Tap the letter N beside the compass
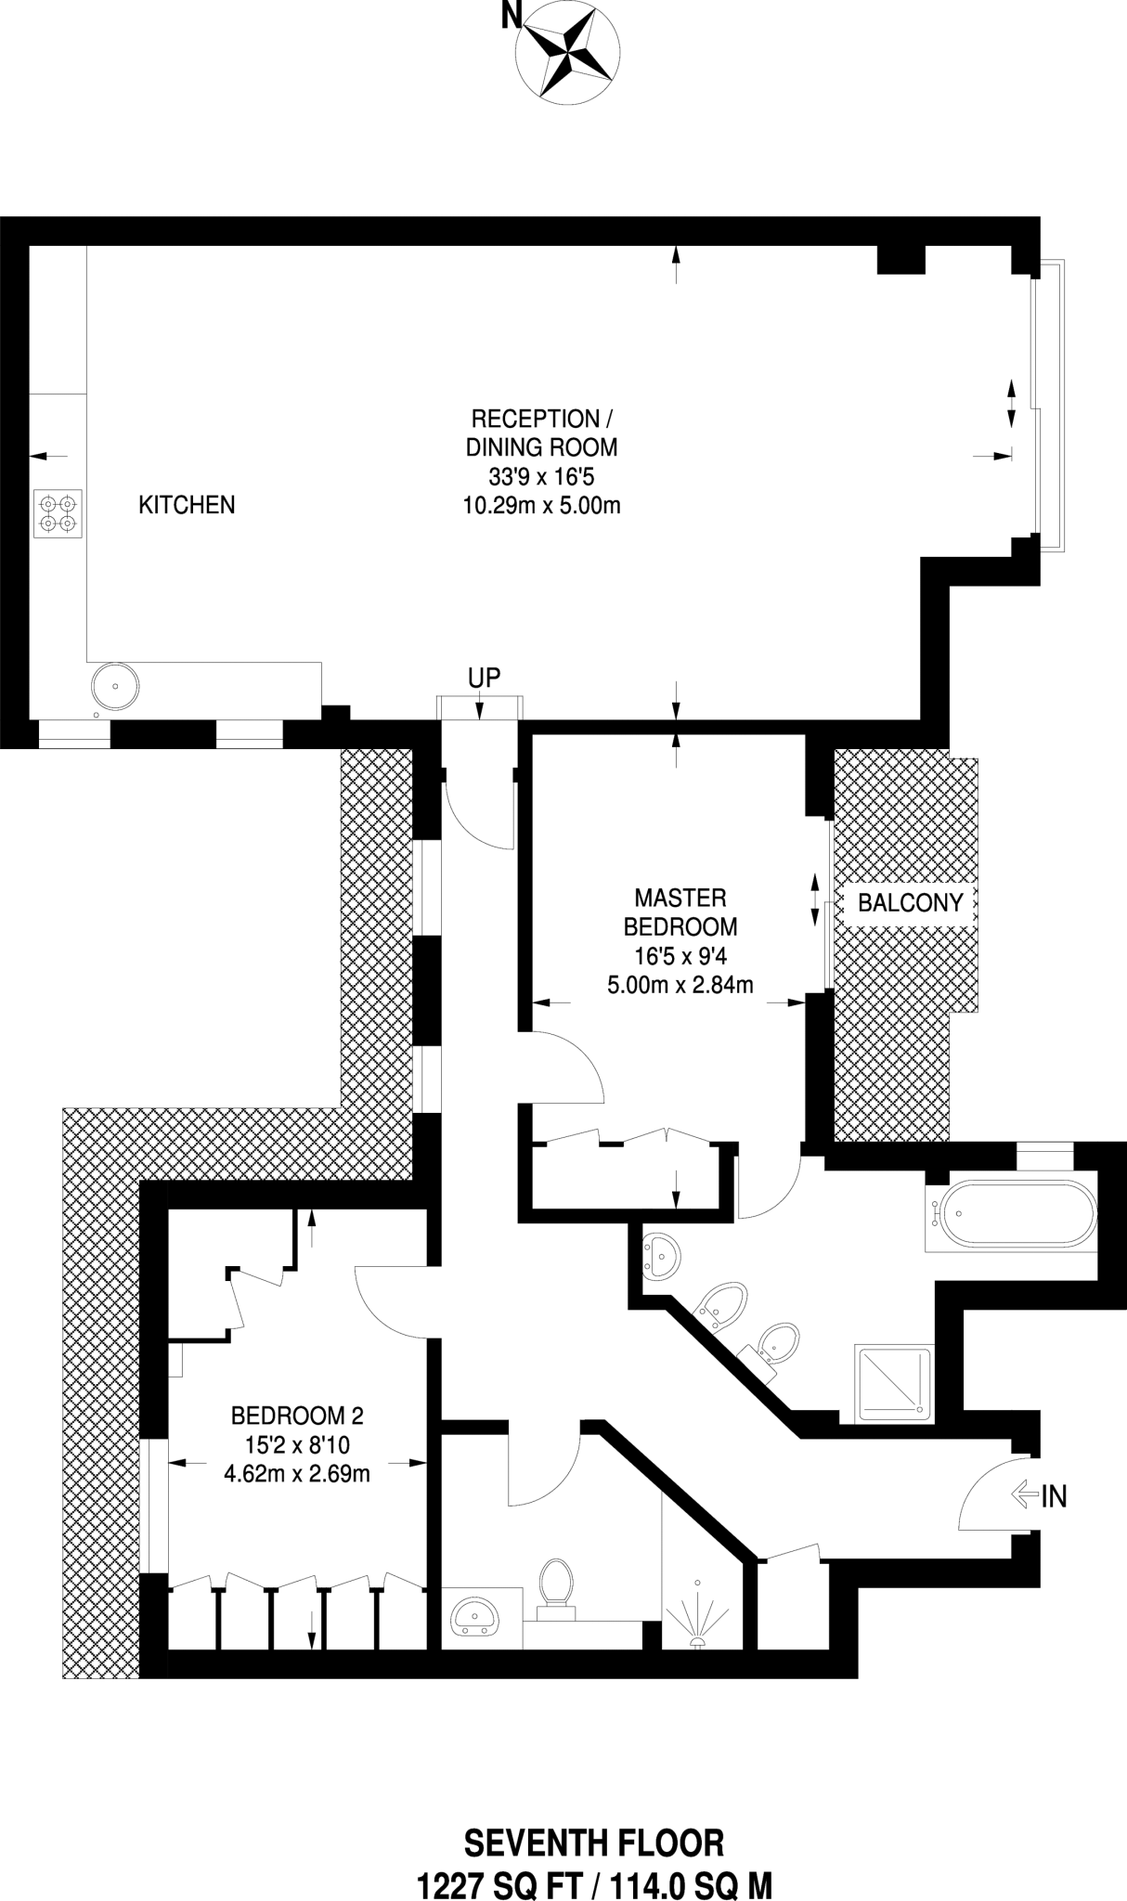[509, 15]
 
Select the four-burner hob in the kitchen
[58, 513]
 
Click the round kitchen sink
[115, 686]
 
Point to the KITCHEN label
[187, 505]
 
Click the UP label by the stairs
[484, 678]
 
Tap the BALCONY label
[910, 902]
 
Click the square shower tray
[894, 1383]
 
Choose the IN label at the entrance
[1054, 1495]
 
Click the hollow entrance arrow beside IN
[1024, 1494]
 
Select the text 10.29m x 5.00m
[541, 506]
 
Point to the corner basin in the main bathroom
[662, 1256]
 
